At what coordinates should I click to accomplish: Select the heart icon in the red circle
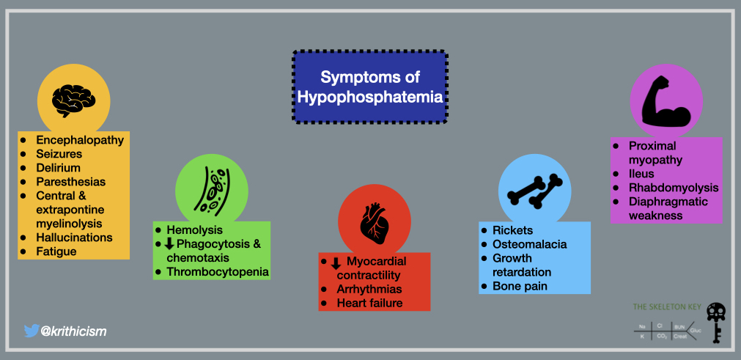(x=372, y=221)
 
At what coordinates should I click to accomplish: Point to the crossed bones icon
(x=534, y=188)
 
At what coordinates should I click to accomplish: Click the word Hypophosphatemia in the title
(x=370, y=96)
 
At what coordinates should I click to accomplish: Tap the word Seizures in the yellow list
(x=59, y=154)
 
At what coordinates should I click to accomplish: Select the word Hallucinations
(x=74, y=238)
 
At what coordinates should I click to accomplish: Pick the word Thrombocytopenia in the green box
(x=218, y=272)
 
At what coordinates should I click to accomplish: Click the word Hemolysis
(x=194, y=229)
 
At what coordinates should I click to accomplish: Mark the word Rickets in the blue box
(x=512, y=230)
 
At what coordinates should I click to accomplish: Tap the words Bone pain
(x=520, y=286)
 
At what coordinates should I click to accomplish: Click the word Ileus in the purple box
(x=643, y=174)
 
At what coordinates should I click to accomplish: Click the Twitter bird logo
(x=32, y=331)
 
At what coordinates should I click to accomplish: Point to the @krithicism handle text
(x=74, y=331)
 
